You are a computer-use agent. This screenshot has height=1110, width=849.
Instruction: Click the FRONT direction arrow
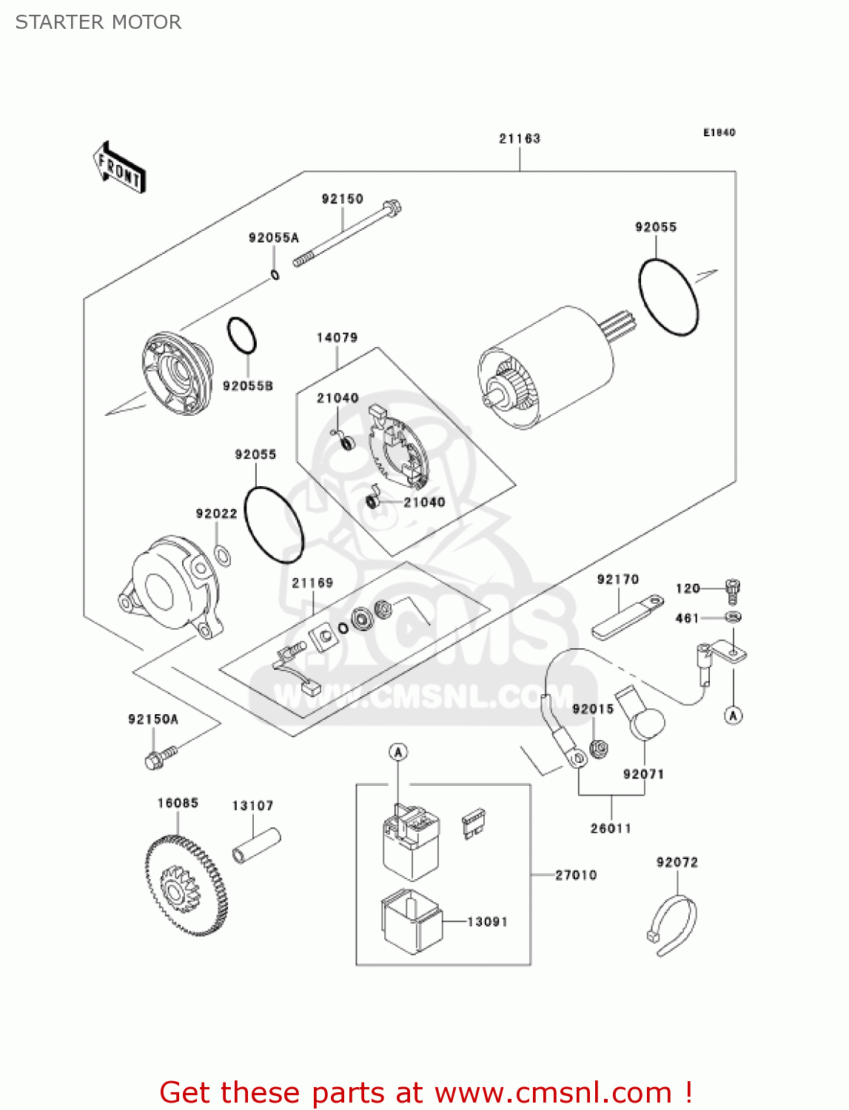(119, 168)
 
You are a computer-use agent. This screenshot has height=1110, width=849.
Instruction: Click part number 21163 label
(519, 138)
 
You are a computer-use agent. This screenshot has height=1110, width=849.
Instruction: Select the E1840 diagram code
(719, 132)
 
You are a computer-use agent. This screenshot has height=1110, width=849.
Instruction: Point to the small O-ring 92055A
(275, 276)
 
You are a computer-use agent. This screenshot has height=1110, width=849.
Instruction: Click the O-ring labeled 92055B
(241, 337)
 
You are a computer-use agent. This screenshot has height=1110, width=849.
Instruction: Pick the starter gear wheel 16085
(184, 885)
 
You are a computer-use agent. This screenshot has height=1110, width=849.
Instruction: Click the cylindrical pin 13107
(256, 845)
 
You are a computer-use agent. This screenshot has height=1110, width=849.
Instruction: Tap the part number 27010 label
(576, 875)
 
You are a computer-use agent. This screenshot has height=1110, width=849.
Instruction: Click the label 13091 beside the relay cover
(487, 921)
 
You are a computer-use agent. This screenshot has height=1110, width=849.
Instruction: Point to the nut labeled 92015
(600, 749)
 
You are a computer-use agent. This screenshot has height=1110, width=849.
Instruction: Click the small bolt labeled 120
(731, 590)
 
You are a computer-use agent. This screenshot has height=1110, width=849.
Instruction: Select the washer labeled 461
(732, 616)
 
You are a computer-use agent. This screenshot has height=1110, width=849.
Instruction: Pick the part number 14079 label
(337, 337)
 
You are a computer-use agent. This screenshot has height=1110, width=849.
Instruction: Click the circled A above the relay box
(398, 753)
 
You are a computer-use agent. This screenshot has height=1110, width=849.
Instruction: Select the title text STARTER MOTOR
(98, 22)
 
